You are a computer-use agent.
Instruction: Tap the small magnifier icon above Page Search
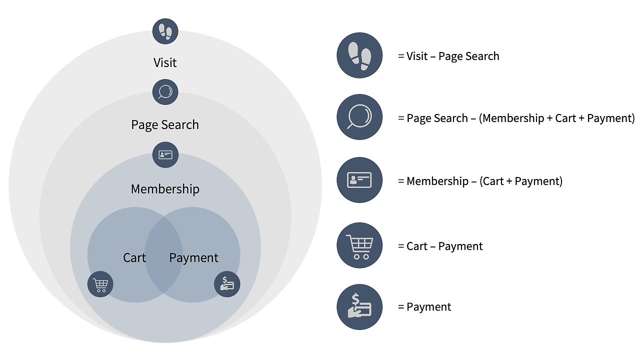[165, 92]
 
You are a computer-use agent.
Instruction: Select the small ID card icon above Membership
[165, 154]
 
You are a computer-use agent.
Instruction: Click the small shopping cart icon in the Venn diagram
[100, 284]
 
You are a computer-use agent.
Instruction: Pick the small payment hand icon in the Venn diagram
[227, 284]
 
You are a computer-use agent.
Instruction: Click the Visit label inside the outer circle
[165, 62]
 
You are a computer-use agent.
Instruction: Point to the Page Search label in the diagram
[165, 124]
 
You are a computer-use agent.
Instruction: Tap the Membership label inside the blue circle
[165, 189]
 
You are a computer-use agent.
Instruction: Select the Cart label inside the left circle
[134, 258]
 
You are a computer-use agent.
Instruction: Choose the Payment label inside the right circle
[194, 258]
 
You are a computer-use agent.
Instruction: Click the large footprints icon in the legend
[359, 55]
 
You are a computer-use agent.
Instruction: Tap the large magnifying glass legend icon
[359, 117]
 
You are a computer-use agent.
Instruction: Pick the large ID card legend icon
[359, 180]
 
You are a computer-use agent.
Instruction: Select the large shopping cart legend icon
[359, 245]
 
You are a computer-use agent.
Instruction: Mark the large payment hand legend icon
[359, 307]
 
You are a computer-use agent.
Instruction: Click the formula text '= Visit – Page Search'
[448, 56]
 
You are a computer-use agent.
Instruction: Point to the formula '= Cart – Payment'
[440, 246]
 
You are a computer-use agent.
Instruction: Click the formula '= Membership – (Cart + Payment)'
[480, 181]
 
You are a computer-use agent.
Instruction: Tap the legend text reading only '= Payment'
[424, 307]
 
